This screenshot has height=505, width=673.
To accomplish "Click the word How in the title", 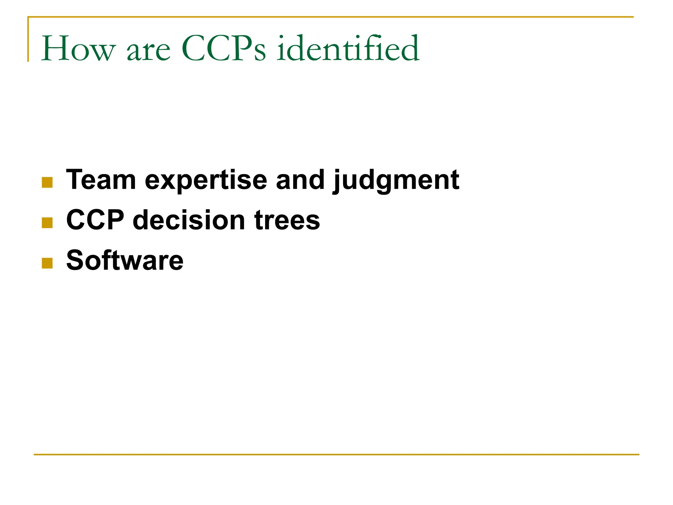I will [78, 49].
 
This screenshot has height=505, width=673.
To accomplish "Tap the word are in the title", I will [149, 51].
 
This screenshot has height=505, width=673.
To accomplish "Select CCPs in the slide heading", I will [223, 49].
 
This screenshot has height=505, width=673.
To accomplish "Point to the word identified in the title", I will [348, 49].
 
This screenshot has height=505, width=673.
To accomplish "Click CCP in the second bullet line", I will [95, 220].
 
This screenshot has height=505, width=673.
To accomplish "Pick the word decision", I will [189, 220].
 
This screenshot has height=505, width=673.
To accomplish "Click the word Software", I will [125, 260].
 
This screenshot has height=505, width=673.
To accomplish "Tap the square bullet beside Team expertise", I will [47, 182].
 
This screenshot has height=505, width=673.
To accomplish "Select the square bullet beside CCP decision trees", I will [47, 223].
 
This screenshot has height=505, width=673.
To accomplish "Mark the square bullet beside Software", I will [47, 263].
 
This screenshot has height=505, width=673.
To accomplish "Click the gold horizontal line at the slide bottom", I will [336, 455].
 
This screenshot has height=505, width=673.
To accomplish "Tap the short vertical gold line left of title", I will [28, 39].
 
